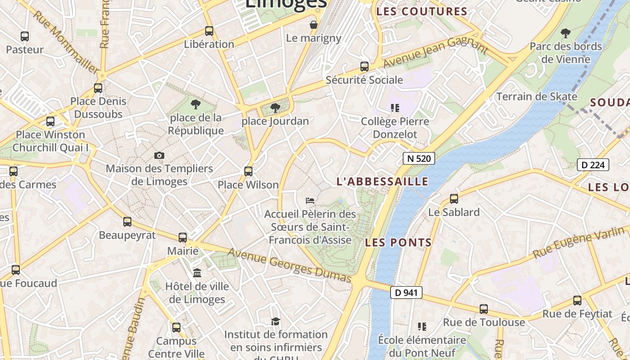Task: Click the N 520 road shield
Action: point(418,158)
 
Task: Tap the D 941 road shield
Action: point(406,292)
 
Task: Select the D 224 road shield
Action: point(593,165)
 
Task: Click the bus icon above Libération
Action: point(209,31)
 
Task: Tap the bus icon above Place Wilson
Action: point(248,171)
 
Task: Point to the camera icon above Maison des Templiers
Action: point(159,155)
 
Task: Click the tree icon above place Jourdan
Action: point(275,108)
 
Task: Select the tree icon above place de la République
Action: point(196,104)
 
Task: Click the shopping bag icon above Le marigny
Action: point(314,24)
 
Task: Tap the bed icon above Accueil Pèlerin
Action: point(310,200)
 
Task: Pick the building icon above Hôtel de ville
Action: point(197,273)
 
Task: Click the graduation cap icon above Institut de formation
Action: point(275,321)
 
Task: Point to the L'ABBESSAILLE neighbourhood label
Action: point(382,181)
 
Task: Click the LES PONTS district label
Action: point(398,243)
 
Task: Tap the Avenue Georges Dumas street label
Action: point(289,265)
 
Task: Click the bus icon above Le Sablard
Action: point(454,198)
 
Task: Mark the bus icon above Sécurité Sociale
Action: point(364,67)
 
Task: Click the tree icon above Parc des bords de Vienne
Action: point(566,33)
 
